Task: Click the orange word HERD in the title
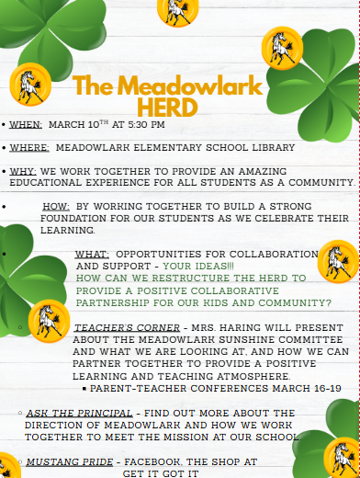tap(167, 108)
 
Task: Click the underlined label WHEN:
tap(26, 124)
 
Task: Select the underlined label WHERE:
tap(29, 147)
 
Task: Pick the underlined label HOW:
tap(56, 207)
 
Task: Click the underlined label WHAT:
tap(92, 254)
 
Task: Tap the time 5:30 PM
tap(143, 124)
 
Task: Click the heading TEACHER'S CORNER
tap(115, 327)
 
